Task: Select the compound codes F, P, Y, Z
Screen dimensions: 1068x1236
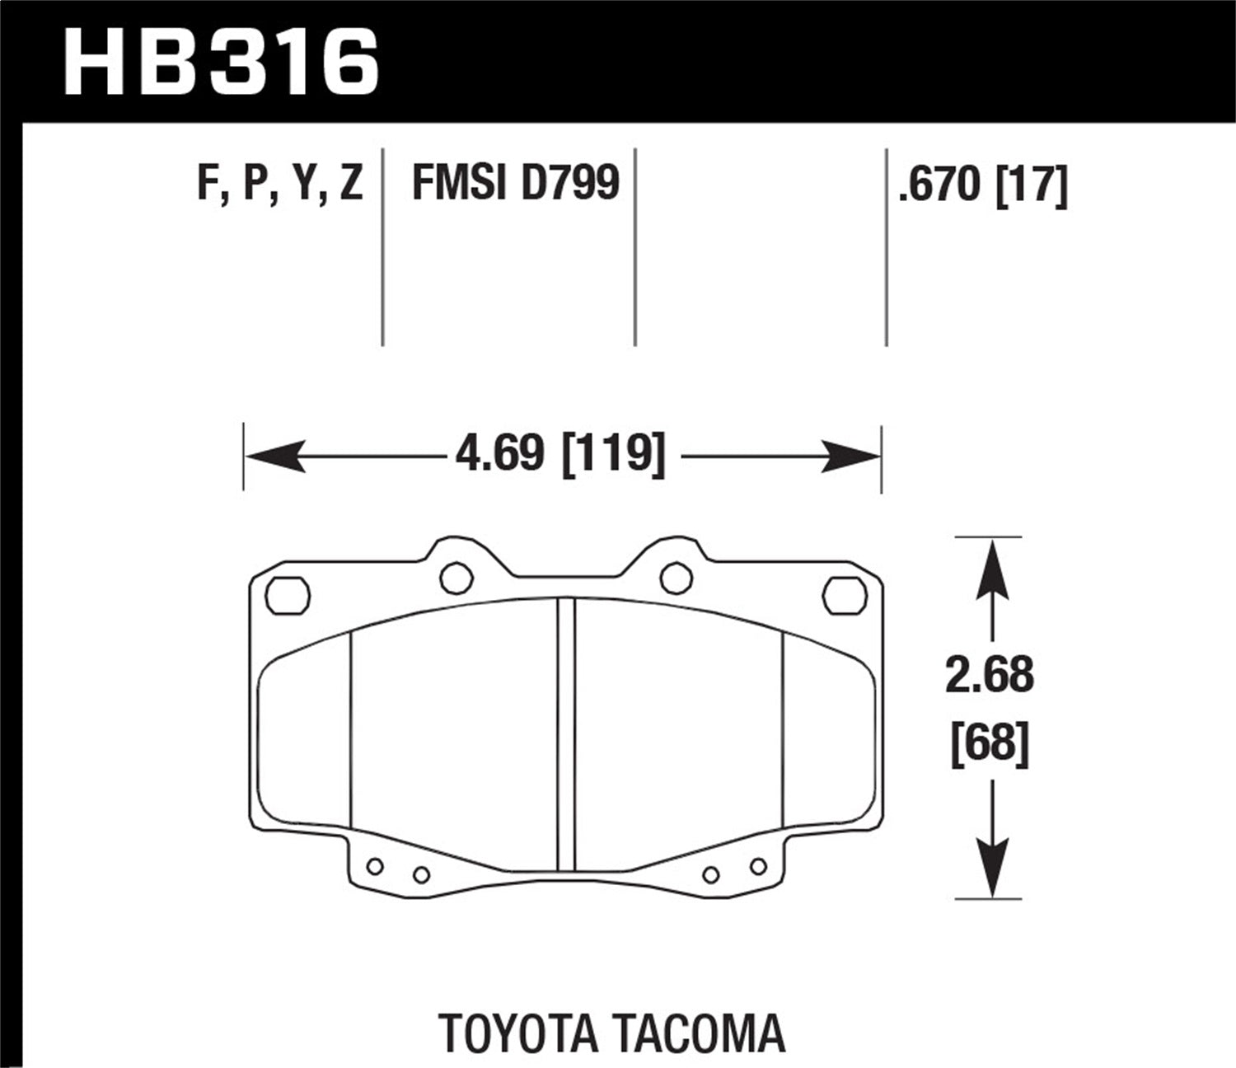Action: click(x=280, y=183)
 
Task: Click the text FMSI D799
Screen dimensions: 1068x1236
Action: click(x=515, y=183)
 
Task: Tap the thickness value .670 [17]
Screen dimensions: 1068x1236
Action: click(x=983, y=185)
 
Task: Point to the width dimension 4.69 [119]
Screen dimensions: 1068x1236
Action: click(x=560, y=455)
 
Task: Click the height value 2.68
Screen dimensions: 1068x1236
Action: click(x=989, y=676)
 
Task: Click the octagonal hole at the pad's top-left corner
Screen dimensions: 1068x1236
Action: click(x=288, y=594)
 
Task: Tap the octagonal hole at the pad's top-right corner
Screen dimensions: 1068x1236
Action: click(x=844, y=594)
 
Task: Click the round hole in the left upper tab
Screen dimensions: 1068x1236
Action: click(x=456, y=577)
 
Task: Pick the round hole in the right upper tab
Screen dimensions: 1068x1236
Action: click(x=676, y=577)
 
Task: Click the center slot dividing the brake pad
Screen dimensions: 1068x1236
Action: click(x=565, y=733)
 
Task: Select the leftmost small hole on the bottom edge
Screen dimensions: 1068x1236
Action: click(x=376, y=866)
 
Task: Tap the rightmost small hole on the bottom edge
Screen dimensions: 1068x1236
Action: click(x=758, y=865)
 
